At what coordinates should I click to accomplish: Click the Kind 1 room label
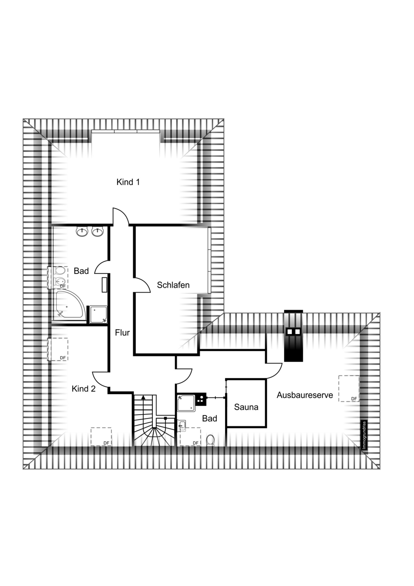click(x=128, y=182)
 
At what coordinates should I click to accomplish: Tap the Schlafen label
click(x=173, y=285)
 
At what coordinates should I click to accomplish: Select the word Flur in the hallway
click(x=123, y=333)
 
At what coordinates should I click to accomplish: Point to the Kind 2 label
click(x=83, y=389)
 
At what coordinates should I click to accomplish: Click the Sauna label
click(x=246, y=407)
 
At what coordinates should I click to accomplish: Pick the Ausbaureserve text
click(x=305, y=395)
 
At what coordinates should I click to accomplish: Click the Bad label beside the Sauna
click(x=209, y=419)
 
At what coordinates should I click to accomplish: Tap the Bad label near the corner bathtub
click(x=82, y=271)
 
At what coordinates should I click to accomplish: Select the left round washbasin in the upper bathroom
click(x=83, y=231)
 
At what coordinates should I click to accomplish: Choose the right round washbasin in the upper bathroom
click(x=98, y=231)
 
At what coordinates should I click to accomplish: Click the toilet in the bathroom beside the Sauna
click(x=210, y=440)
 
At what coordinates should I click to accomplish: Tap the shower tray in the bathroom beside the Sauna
click(x=186, y=403)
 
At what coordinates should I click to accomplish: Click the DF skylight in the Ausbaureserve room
click(x=349, y=389)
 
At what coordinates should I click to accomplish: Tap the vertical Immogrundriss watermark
click(x=365, y=435)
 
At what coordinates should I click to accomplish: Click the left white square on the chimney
click(x=290, y=332)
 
